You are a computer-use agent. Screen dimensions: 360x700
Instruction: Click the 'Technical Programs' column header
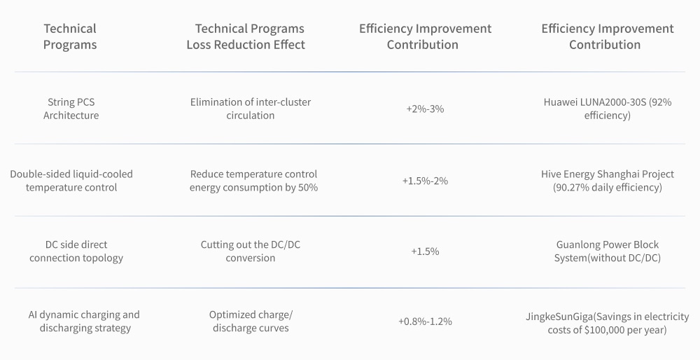[70, 36]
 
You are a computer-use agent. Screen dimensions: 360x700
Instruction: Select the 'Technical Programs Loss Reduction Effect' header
[249, 36]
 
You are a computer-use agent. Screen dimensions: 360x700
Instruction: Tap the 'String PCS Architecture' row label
[71, 109]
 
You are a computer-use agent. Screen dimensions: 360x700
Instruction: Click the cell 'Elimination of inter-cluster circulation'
[251, 109]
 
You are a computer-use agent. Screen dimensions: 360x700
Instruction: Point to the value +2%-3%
[425, 109]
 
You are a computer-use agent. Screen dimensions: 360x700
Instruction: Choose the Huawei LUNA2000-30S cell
[607, 109]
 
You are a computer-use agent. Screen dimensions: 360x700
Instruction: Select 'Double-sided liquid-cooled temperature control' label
[71, 181]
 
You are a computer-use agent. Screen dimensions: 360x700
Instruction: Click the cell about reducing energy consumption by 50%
[253, 181]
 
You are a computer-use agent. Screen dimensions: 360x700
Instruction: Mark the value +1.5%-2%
[425, 181]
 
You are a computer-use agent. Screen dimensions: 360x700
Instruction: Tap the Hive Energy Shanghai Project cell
[607, 181]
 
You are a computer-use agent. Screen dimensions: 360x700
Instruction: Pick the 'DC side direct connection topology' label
[76, 251]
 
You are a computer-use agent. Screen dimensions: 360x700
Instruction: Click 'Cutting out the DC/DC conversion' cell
[251, 251]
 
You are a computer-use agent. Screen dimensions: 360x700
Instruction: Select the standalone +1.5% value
[425, 251]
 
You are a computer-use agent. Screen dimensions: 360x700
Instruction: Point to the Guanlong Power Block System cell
[607, 251]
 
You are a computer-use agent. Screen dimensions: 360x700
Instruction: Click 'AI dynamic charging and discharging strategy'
[84, 321]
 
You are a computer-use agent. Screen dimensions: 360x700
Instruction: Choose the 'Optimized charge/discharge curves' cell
[251, 321]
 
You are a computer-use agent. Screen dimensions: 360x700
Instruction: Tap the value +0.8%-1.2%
[425, 321]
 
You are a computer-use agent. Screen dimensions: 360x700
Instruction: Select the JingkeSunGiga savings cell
[607, 322]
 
